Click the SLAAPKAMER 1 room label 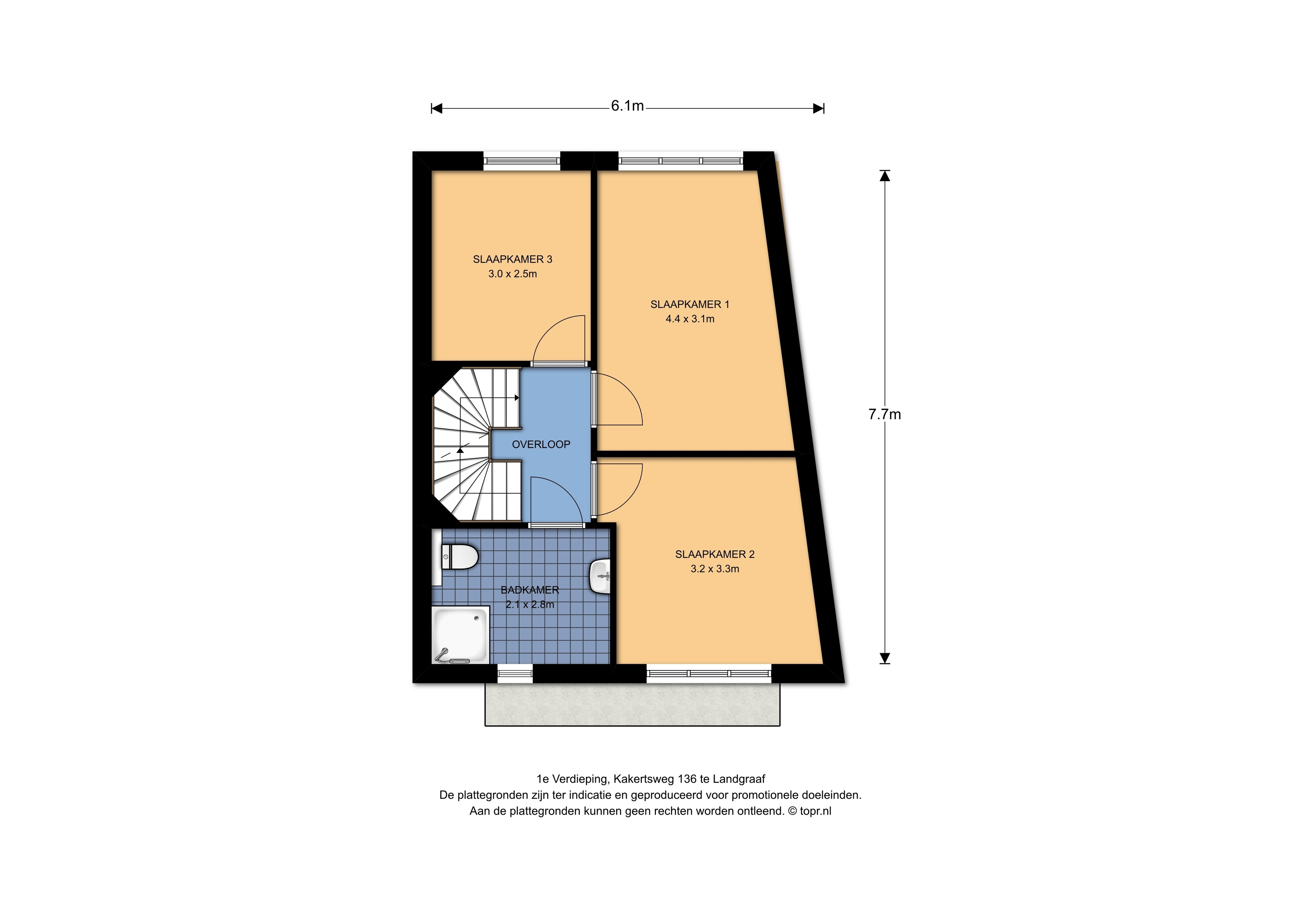(x=690, y=304)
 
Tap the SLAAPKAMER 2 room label (x=715, y=555)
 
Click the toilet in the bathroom (x=459, y=557)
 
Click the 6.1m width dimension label (x=627, y=106)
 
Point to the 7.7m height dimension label (x=885, y=414)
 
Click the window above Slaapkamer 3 (x=522, y=161)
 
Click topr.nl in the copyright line (x=816, y=811)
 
